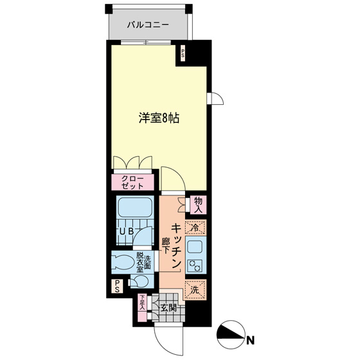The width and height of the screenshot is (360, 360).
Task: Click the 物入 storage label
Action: tap(198, 205)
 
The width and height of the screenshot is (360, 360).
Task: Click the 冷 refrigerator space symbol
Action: tap(195, 227)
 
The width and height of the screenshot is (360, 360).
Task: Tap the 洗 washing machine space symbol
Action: tap(195, 289)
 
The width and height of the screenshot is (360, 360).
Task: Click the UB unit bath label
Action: tap(125, 232)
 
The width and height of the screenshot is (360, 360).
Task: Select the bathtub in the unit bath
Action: tap(134, 208)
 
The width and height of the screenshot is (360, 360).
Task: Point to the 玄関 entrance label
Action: tap(169, 307)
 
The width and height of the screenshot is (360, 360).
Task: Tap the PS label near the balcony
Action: tap(183, 55)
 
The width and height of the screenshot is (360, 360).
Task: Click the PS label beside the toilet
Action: tap(117, 287)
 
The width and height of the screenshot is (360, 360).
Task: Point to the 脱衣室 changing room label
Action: tap(140, 262)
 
